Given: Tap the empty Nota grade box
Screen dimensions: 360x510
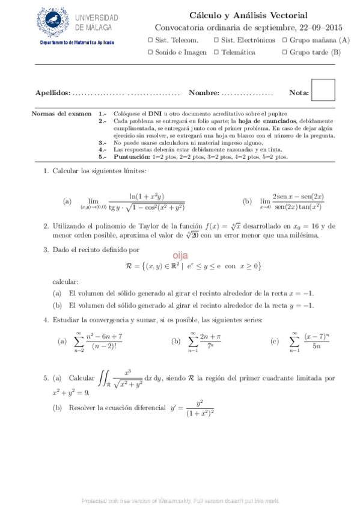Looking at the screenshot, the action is point(324,91).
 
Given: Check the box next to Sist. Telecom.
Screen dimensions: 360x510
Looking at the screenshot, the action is point(150,40).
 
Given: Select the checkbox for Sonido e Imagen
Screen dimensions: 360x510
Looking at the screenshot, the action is point(150,52).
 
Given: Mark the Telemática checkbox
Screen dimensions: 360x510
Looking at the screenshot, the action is point(216,52).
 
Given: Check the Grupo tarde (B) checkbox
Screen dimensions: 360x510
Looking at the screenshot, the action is point(284,52).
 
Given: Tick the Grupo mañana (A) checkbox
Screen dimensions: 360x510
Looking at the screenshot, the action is point(284,40).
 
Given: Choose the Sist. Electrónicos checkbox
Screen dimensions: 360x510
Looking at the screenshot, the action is point(216,40).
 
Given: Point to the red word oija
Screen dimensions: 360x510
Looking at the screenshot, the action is point(181,255).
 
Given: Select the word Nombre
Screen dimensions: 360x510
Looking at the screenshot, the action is point(204,93).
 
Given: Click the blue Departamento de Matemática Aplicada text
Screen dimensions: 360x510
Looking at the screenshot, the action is point(76,43).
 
